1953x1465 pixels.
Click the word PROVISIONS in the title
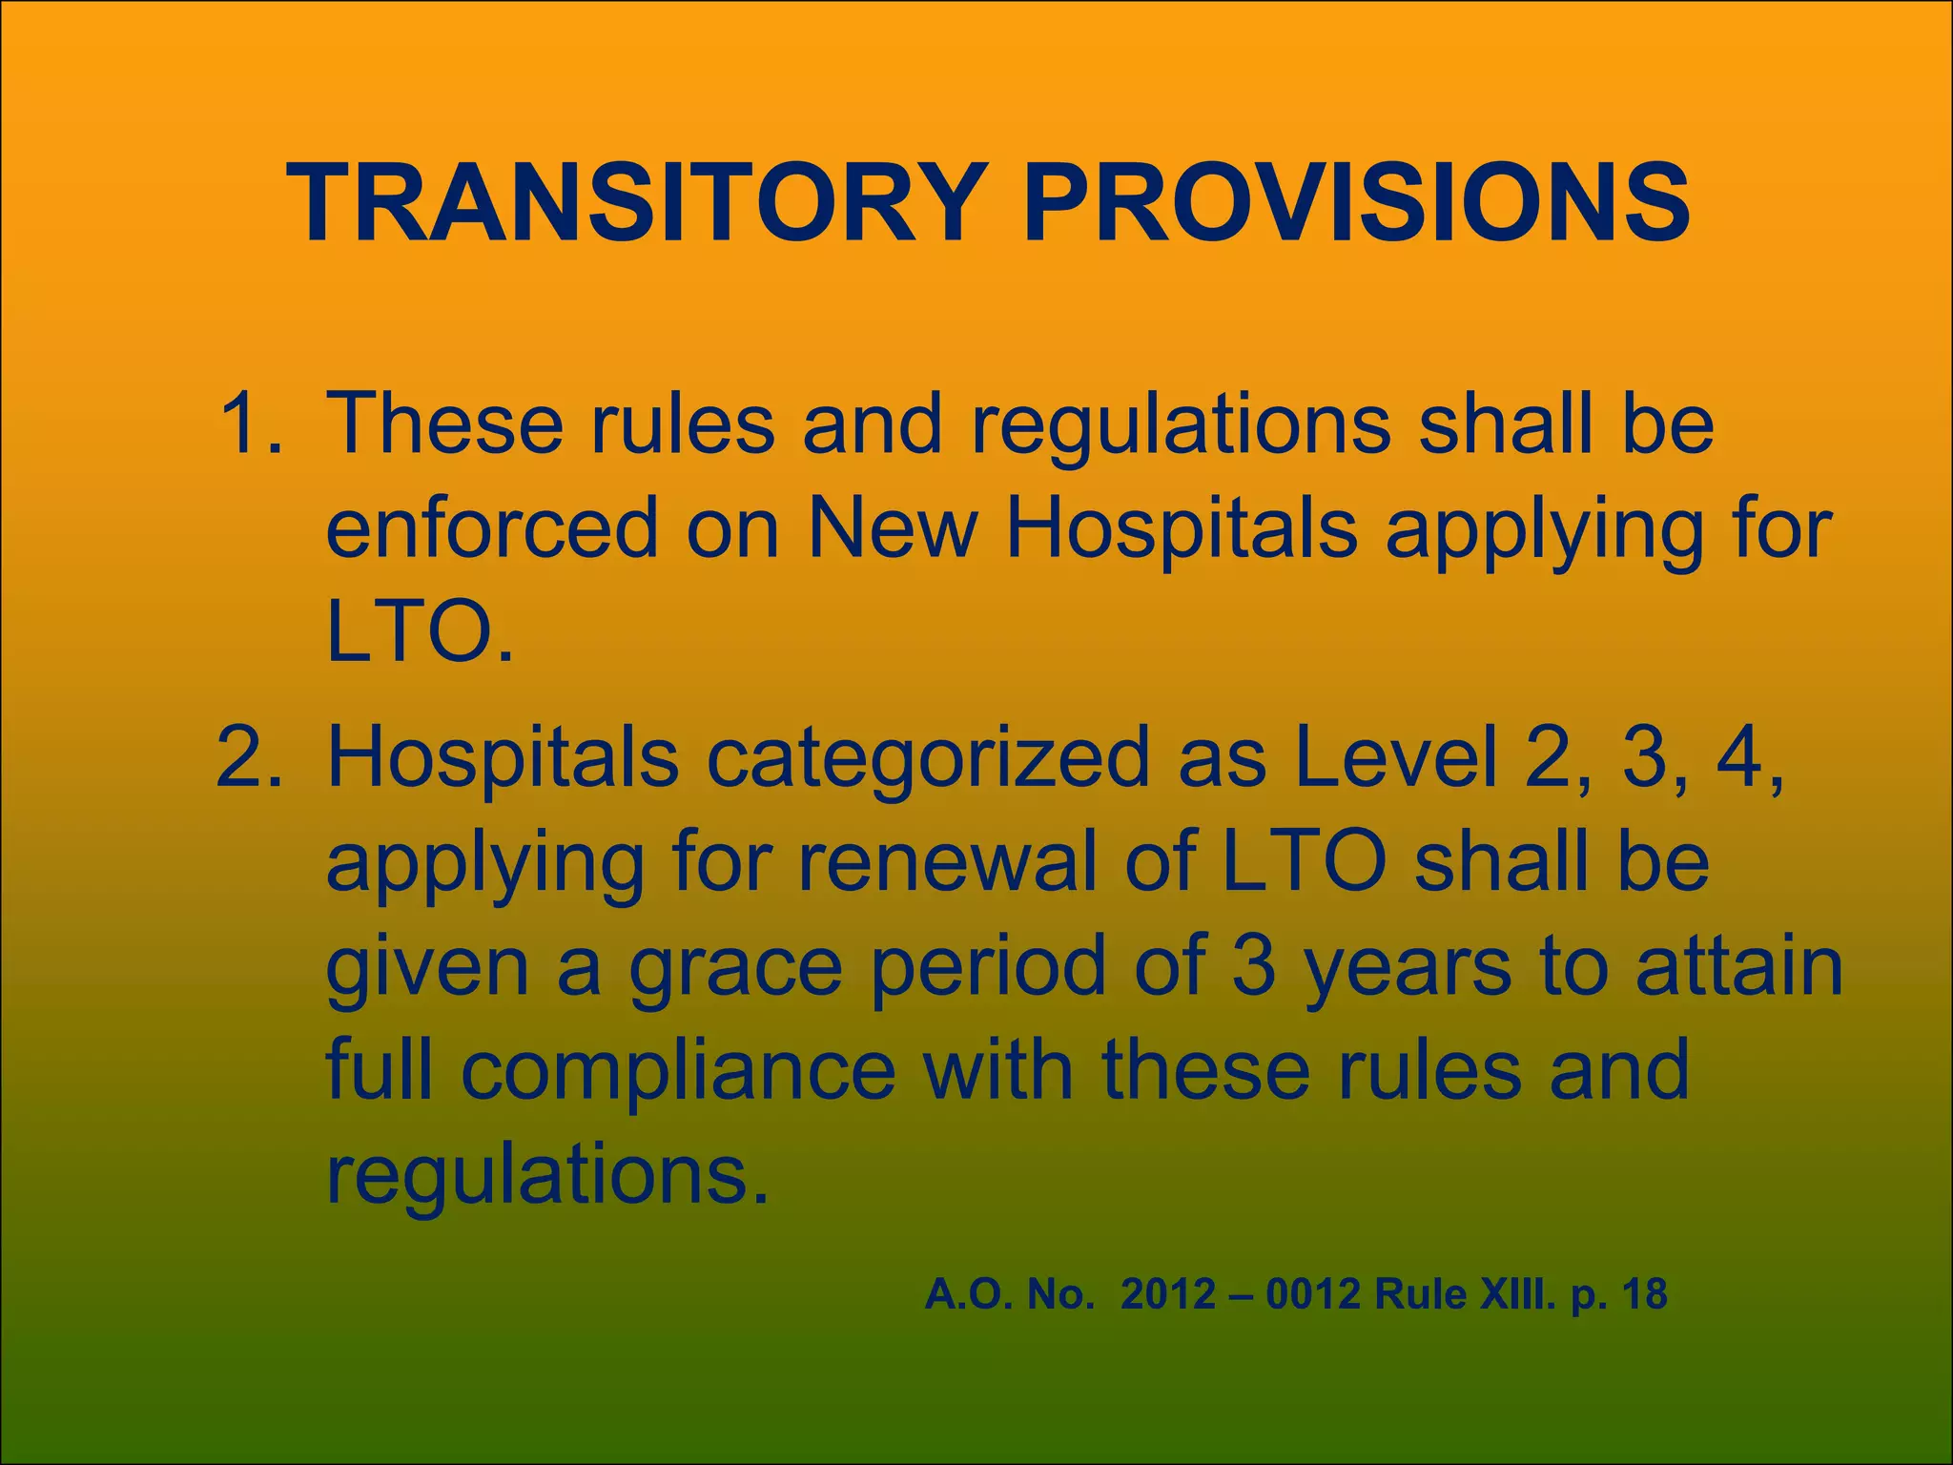(x=1356, y=204)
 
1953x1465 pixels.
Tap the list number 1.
(x=247, y=423)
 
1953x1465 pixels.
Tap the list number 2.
(x=247, y=758)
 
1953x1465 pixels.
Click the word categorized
(x=928, y=758)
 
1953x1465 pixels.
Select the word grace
(x=735, y=967)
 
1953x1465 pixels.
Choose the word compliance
(x=678, y=1070)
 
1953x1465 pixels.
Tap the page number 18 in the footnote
(x=1644, y=1294)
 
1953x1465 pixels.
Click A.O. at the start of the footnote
(x=963, y=1294)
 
